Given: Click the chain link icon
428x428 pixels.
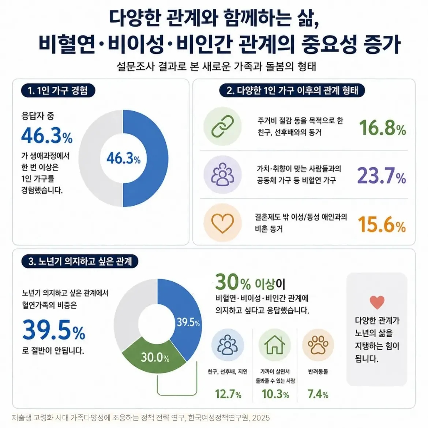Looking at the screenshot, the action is tap(223, 126).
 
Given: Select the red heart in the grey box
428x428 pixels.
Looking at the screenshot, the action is tap(377, 302).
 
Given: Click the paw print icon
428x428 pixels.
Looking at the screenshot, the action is tap(318, 345).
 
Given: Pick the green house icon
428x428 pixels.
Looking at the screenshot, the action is tap(274, 345).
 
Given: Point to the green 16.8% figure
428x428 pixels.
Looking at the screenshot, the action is tap(382, 128).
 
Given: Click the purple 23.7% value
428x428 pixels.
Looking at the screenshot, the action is tap(382, 176).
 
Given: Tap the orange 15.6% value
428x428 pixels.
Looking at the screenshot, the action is tap(382, 224).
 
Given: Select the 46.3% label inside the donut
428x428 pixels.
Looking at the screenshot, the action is tap(123, 158).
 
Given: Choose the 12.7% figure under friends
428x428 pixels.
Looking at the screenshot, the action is tap(228, 394).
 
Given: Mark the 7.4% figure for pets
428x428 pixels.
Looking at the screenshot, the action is tap(318, 394).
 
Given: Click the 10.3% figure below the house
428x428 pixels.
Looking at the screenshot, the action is tap(275, 394).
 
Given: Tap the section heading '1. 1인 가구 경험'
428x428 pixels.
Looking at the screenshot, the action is tap(58, 91).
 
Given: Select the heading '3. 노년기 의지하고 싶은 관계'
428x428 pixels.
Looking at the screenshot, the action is tap(80, 261).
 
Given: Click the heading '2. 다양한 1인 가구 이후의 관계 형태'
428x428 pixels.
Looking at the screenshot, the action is tap(292, 90).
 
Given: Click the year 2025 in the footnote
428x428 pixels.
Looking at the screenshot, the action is tap(261, 418).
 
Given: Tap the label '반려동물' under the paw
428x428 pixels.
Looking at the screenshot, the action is tap(318, 372).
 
